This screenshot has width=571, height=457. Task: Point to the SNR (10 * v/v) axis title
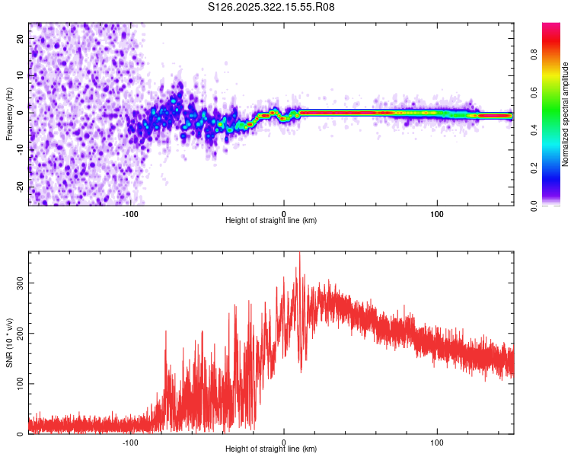tap(9, 343)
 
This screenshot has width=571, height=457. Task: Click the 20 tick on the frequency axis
tap(21, 38)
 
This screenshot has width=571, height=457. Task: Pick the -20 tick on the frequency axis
tap(21, 187)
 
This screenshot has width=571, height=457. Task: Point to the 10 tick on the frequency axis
tap(21, 75)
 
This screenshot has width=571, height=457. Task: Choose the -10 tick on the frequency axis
tap(21, 150)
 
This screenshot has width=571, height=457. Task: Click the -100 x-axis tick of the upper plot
tap(130, 213)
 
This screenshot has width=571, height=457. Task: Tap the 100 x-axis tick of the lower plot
tap(437, 442)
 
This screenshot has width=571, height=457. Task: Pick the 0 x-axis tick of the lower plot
tap(284, 442)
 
